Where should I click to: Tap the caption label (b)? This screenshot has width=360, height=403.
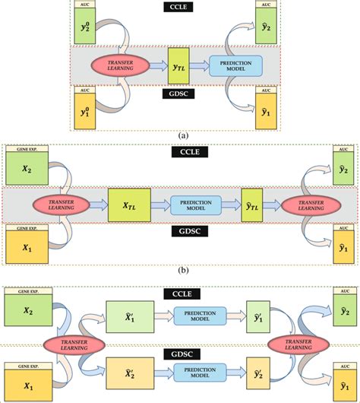(182, 270)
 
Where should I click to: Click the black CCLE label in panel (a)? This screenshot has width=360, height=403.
(180, 11)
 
